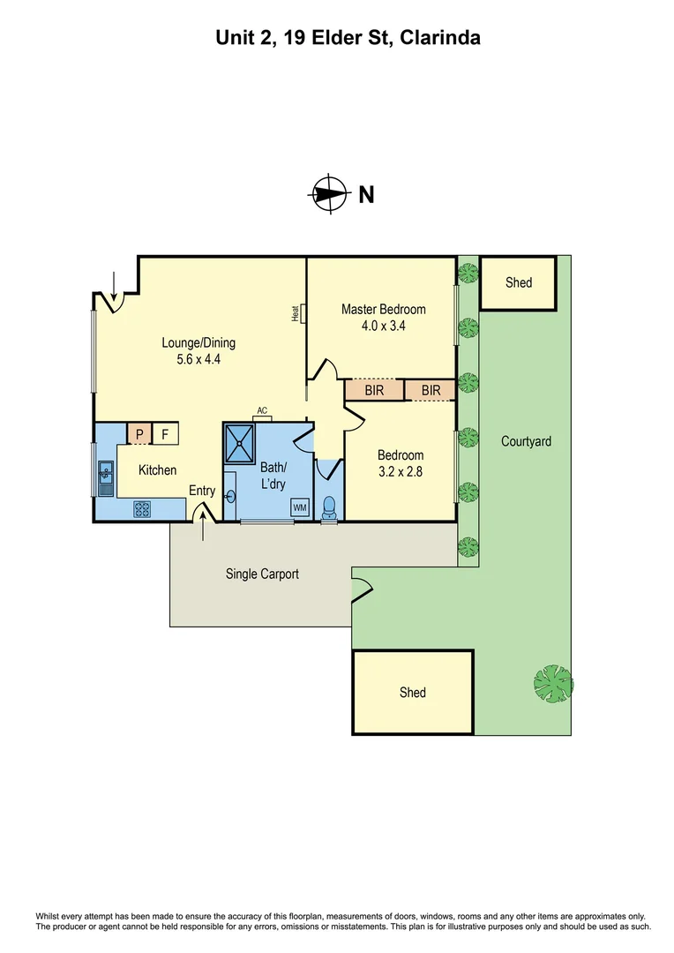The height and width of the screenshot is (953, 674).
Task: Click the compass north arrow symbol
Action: [328, 194]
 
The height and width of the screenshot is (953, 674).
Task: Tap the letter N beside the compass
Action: [365, 195]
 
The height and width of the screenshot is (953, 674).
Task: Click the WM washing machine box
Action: [299, 507]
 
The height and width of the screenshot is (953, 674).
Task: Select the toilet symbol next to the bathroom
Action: [330, 507]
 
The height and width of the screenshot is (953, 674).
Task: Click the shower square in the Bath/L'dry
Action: [241, 444]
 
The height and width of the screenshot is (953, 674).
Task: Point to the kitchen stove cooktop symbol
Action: [142, 508]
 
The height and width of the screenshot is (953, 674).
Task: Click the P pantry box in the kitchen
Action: [139, 433]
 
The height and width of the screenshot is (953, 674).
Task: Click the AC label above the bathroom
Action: [262, 410]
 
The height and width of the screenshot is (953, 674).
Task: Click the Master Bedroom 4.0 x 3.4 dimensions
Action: [384, 326]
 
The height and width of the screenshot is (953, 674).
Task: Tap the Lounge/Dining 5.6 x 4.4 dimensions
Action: [198, 359]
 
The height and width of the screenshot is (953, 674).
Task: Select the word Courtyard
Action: [526, 440]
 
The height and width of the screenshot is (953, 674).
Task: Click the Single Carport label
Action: [262, 574]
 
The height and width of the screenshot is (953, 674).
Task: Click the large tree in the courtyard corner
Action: [553, 682]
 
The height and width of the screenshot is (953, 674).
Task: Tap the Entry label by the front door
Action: [202, 491]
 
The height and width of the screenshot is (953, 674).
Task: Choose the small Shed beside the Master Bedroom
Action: [518, 283]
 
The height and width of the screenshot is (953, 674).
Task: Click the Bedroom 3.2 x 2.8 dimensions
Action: [401, 471]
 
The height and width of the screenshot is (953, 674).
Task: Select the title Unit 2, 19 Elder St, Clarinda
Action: [336, 38]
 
